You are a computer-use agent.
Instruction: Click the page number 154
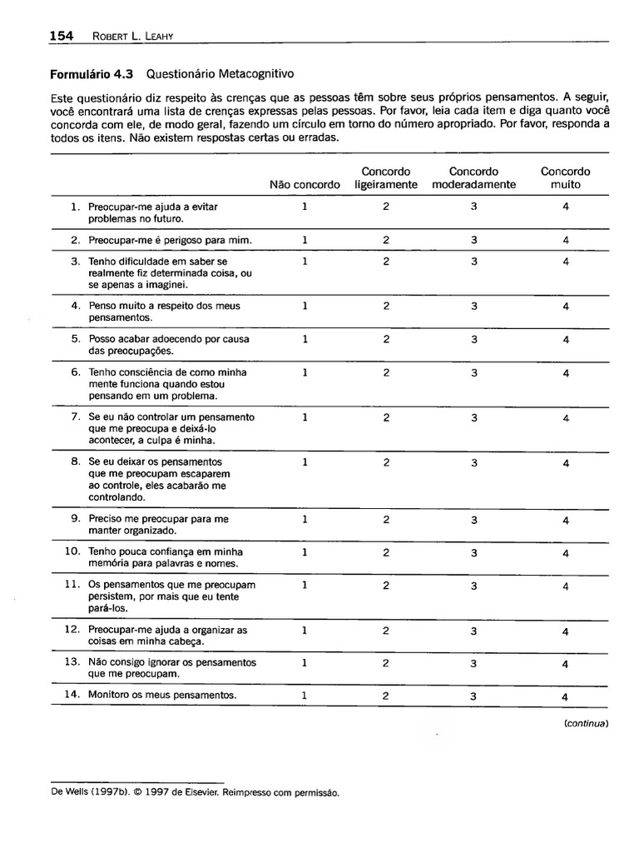pyautogui.click(x=62, y=35)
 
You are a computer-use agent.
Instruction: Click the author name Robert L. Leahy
pyautogui.click(x=127, y=36)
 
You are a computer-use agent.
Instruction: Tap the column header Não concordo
pyautogui.click(x=305, y=184)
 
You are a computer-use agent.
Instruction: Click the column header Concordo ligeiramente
pyautogui.click(x=386, y=178)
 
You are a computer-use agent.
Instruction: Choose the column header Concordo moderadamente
pyautogui.click(x=473, y=178)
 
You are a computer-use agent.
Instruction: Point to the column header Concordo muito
pyautogui.click(x=565, y=178)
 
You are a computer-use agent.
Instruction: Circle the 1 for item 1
pyautogui.click(x=305, y=207)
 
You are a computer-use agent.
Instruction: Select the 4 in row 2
pyautogui.click(x=566, y=240)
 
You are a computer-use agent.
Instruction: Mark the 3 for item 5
pyautogui.click(x=473, y=340)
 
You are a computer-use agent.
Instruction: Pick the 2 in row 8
pyautogui.click(x=386, y=462)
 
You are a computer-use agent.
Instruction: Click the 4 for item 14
pyautogui.click(x=566, y=696)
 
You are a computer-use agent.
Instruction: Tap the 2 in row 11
pyautogui.click(x=386, y=586)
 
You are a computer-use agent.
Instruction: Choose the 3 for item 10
pyautogui.click(x=473, y=552)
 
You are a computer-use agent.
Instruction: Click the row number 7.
pyautogui.click(x=75, y=417)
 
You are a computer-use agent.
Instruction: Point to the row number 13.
pyautogui.click(x=72, y=662)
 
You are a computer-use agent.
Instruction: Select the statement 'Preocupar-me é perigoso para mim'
pyautogui.click(x=170, y=240)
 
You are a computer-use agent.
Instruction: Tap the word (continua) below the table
pyautogui.click(x=586, y=724)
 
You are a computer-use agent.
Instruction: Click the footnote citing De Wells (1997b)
pyautogui.click(x=196, y=793)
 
